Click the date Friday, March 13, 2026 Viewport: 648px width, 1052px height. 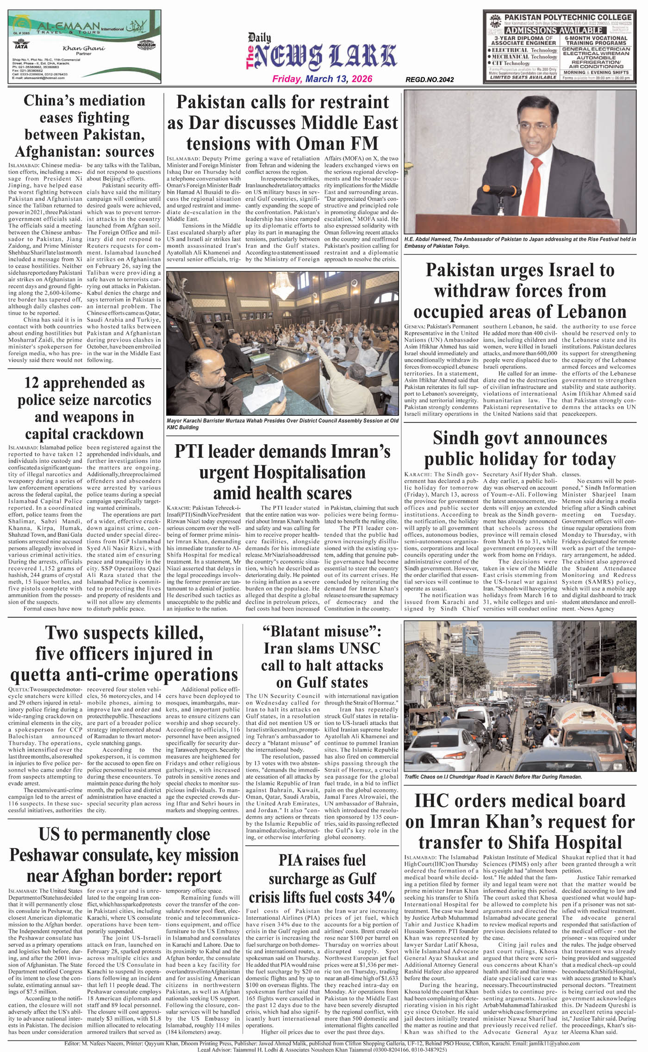pos(322,79)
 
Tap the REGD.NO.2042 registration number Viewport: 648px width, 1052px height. pos(429,80)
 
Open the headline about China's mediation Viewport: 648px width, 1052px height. pos(85,126)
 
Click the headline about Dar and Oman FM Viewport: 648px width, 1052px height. pos(282,123)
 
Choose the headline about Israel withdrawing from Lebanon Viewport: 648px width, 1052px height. pos(520,291)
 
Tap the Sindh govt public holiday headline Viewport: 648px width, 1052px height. pos(520,448)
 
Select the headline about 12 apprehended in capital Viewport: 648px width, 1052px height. pos(85,408)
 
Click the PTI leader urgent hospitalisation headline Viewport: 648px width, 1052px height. pos(282,472)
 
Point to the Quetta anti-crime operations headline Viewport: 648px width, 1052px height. pos(124,653)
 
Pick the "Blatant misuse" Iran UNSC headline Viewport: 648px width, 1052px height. pos(322,656)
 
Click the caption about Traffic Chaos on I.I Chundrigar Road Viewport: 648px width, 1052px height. pos(492,777)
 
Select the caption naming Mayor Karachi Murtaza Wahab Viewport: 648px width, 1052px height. pos(282,424)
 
